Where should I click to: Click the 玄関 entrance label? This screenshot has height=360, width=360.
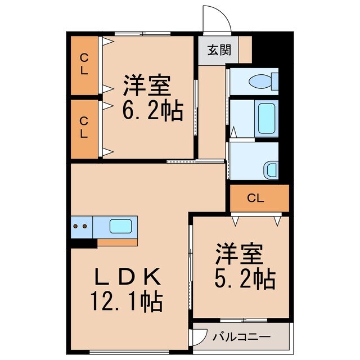pyautogui.click(x=218, y=49)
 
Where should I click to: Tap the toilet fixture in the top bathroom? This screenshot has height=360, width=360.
pyautogui.click(x=262, y=82)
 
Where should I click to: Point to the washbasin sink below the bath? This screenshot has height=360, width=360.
pyautogui.click(x=272, y=168)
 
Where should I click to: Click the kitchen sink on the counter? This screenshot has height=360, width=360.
pyautogui.click(x=121, y=227)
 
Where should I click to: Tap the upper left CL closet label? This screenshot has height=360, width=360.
pyautogui.click(x=84, y=65)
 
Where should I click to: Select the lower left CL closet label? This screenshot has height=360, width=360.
pyautogui.click(x=84, y=127)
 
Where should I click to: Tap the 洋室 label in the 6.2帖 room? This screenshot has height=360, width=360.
pyautogui.click(x=147, y=87)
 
